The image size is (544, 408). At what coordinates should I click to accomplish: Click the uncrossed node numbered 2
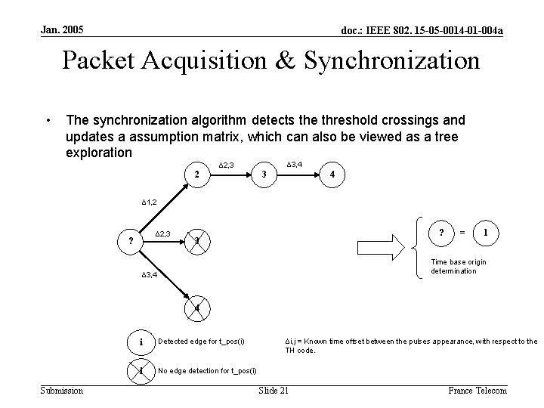coord(196,175)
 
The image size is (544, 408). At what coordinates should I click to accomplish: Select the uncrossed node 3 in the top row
coord(262,175)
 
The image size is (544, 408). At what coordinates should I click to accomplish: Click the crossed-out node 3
coord(196,241)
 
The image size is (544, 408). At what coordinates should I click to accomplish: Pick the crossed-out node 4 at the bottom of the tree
coord(196,308)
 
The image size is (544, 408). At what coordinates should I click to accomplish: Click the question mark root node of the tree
coord(131,241)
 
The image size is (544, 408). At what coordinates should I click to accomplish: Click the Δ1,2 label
coord(149,203)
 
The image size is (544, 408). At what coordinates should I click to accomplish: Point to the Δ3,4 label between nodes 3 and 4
coord(295,164)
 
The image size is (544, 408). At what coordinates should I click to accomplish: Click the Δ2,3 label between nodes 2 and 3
coord(227,164)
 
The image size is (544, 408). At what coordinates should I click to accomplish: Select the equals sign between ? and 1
coord(462,231)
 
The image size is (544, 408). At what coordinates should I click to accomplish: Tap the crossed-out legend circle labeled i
coord(141,370)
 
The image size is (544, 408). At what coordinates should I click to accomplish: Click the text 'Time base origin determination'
coord(458,266)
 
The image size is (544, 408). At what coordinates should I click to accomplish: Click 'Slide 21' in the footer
coord(274,390)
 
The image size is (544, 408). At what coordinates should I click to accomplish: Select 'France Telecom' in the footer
coord(478,390)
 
